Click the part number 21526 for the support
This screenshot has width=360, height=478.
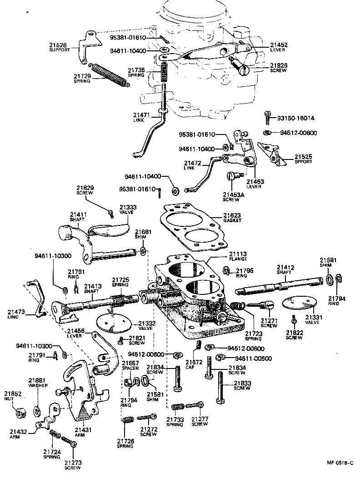point(58,45)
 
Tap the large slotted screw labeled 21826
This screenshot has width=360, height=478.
point(244,69)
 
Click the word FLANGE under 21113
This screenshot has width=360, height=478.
point(238,259)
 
